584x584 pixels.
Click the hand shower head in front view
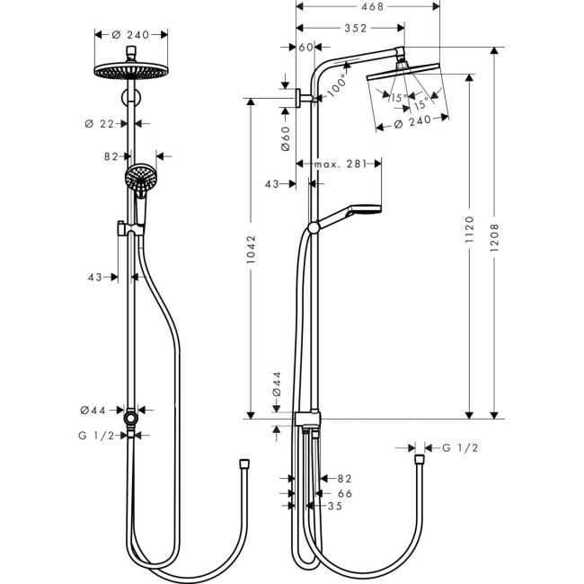click(x=139, y=179)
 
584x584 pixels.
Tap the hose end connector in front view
click(x=243, y=465)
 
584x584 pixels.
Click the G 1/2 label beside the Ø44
click(x=100, y=435)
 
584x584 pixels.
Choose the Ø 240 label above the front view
click(x=131, y=34)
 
